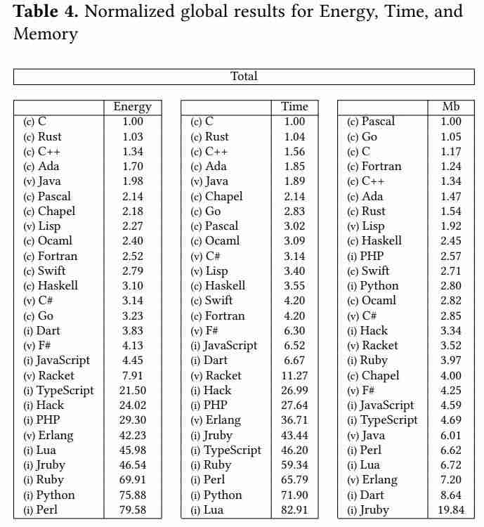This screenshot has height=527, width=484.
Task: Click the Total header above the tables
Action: tap(244, 77)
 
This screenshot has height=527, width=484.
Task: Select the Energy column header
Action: tap(132, 107)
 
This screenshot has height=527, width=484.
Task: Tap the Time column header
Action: tap(294, 107)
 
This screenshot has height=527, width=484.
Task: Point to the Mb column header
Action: tap(450, 107)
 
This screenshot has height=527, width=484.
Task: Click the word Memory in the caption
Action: tap(46, 34)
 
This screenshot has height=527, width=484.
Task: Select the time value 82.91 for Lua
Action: tap(294, 510)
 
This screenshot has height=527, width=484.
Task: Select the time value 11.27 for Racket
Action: tap(294, 376)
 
